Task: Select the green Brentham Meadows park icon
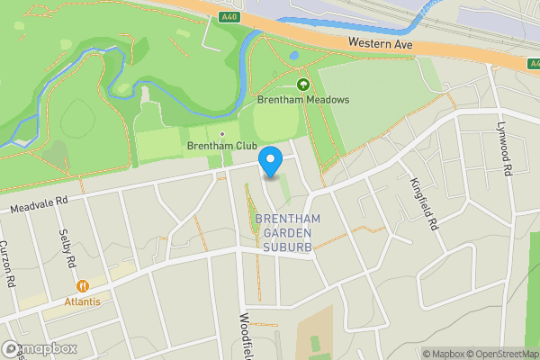[x=303, y=84]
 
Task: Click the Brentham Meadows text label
[x=303, y=101]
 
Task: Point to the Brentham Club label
[x=221, y=146]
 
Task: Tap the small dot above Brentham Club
[x=221, y=134]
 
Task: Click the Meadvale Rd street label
[x=40, y=205]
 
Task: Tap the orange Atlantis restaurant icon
[x=83, y=286]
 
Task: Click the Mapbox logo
[x=40, y=348]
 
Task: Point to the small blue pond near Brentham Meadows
[x=294, y=55]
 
